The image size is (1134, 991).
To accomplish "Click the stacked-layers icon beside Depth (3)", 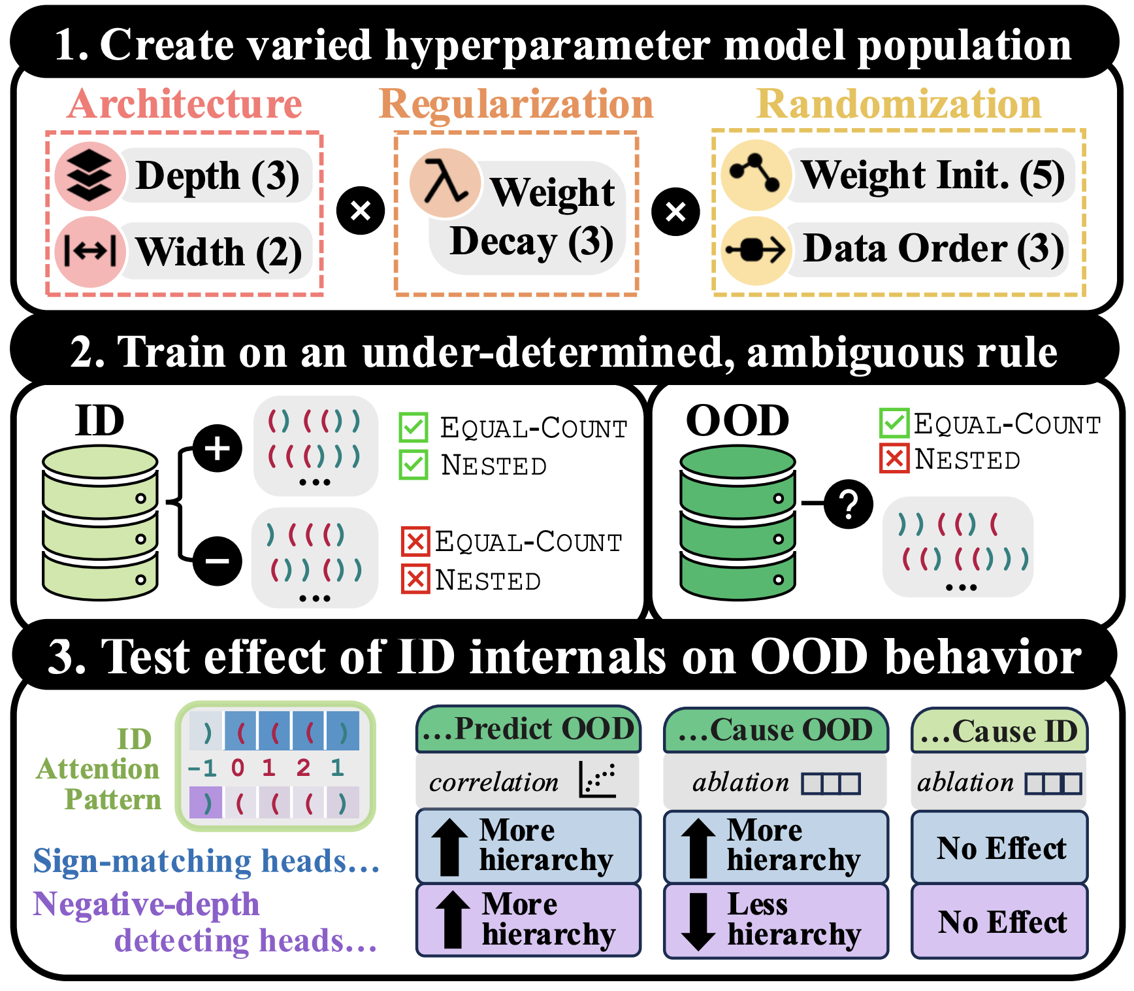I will pos(89,175).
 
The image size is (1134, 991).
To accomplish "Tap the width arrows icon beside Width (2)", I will pos(89,252).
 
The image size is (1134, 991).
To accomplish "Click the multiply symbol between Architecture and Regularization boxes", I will pos(360,210).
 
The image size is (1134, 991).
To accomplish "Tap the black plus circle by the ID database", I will pos(218,448).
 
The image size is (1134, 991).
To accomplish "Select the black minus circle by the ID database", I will pos(218,560).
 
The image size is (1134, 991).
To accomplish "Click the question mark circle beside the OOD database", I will pos(848,504).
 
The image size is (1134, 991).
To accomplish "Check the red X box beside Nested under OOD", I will pos(894,458).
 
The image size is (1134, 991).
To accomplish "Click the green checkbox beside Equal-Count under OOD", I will pos(894,423).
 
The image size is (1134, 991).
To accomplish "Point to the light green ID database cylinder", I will pos(100,522).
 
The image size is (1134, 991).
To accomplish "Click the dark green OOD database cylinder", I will pos(737,522).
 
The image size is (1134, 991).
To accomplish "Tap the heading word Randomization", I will pos(899,105).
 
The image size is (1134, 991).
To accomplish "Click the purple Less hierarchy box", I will pos(775,920).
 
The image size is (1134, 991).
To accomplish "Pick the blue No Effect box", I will pos(999,848).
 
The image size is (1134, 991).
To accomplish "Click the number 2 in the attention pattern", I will pos(303,767).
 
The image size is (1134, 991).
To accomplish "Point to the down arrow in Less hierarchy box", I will pos(698,920).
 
